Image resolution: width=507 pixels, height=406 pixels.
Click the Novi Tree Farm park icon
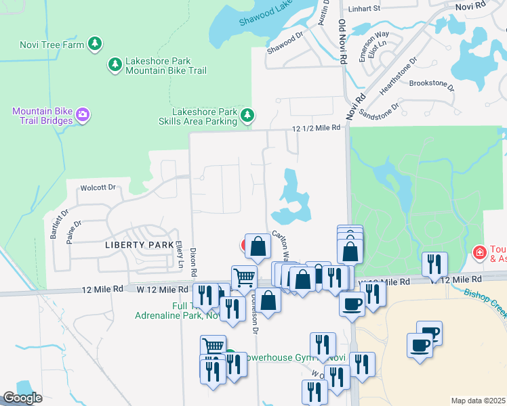point(95,45)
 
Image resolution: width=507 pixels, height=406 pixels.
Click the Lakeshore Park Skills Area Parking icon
point(247,116)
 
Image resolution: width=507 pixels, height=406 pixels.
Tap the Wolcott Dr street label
point(99,187)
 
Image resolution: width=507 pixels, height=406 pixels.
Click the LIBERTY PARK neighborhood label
point(139,244)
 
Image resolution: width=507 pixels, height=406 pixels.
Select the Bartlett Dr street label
point(56,223)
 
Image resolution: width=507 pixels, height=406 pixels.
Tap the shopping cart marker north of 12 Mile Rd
point(243,276)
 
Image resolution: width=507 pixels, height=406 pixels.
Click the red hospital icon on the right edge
point(480,253)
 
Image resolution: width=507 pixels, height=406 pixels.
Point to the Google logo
point(22,398)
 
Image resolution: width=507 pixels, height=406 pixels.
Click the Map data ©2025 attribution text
point(479,401)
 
